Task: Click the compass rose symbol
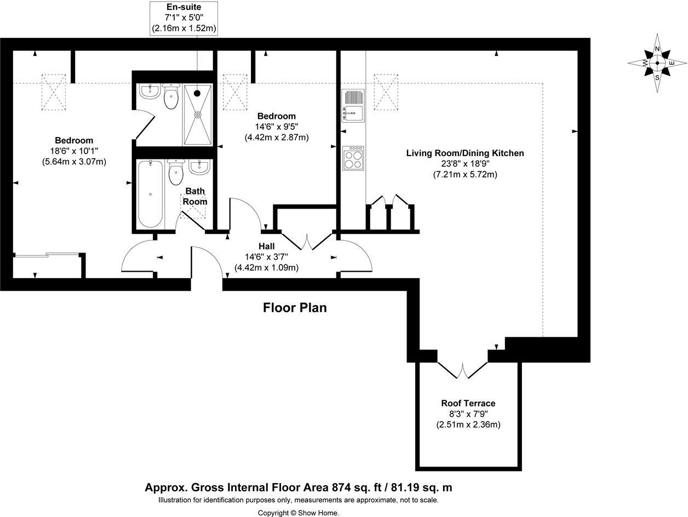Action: [657, 63]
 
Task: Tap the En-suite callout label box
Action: [184, 19]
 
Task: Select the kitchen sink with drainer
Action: [353, 106]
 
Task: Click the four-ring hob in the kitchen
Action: [353, 158]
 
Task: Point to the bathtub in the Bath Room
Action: [150, 194]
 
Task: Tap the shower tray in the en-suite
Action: [197, 115]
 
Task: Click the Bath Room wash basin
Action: [199, 166]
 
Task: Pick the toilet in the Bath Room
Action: [176, 173]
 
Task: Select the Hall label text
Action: [267, 246]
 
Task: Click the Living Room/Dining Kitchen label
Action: [465, 153]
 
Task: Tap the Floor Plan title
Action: [295, 308]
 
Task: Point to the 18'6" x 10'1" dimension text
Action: [74, 151]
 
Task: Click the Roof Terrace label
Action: [468, 404]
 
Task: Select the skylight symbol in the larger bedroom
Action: [53, 91]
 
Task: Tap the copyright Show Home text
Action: [299, 513]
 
